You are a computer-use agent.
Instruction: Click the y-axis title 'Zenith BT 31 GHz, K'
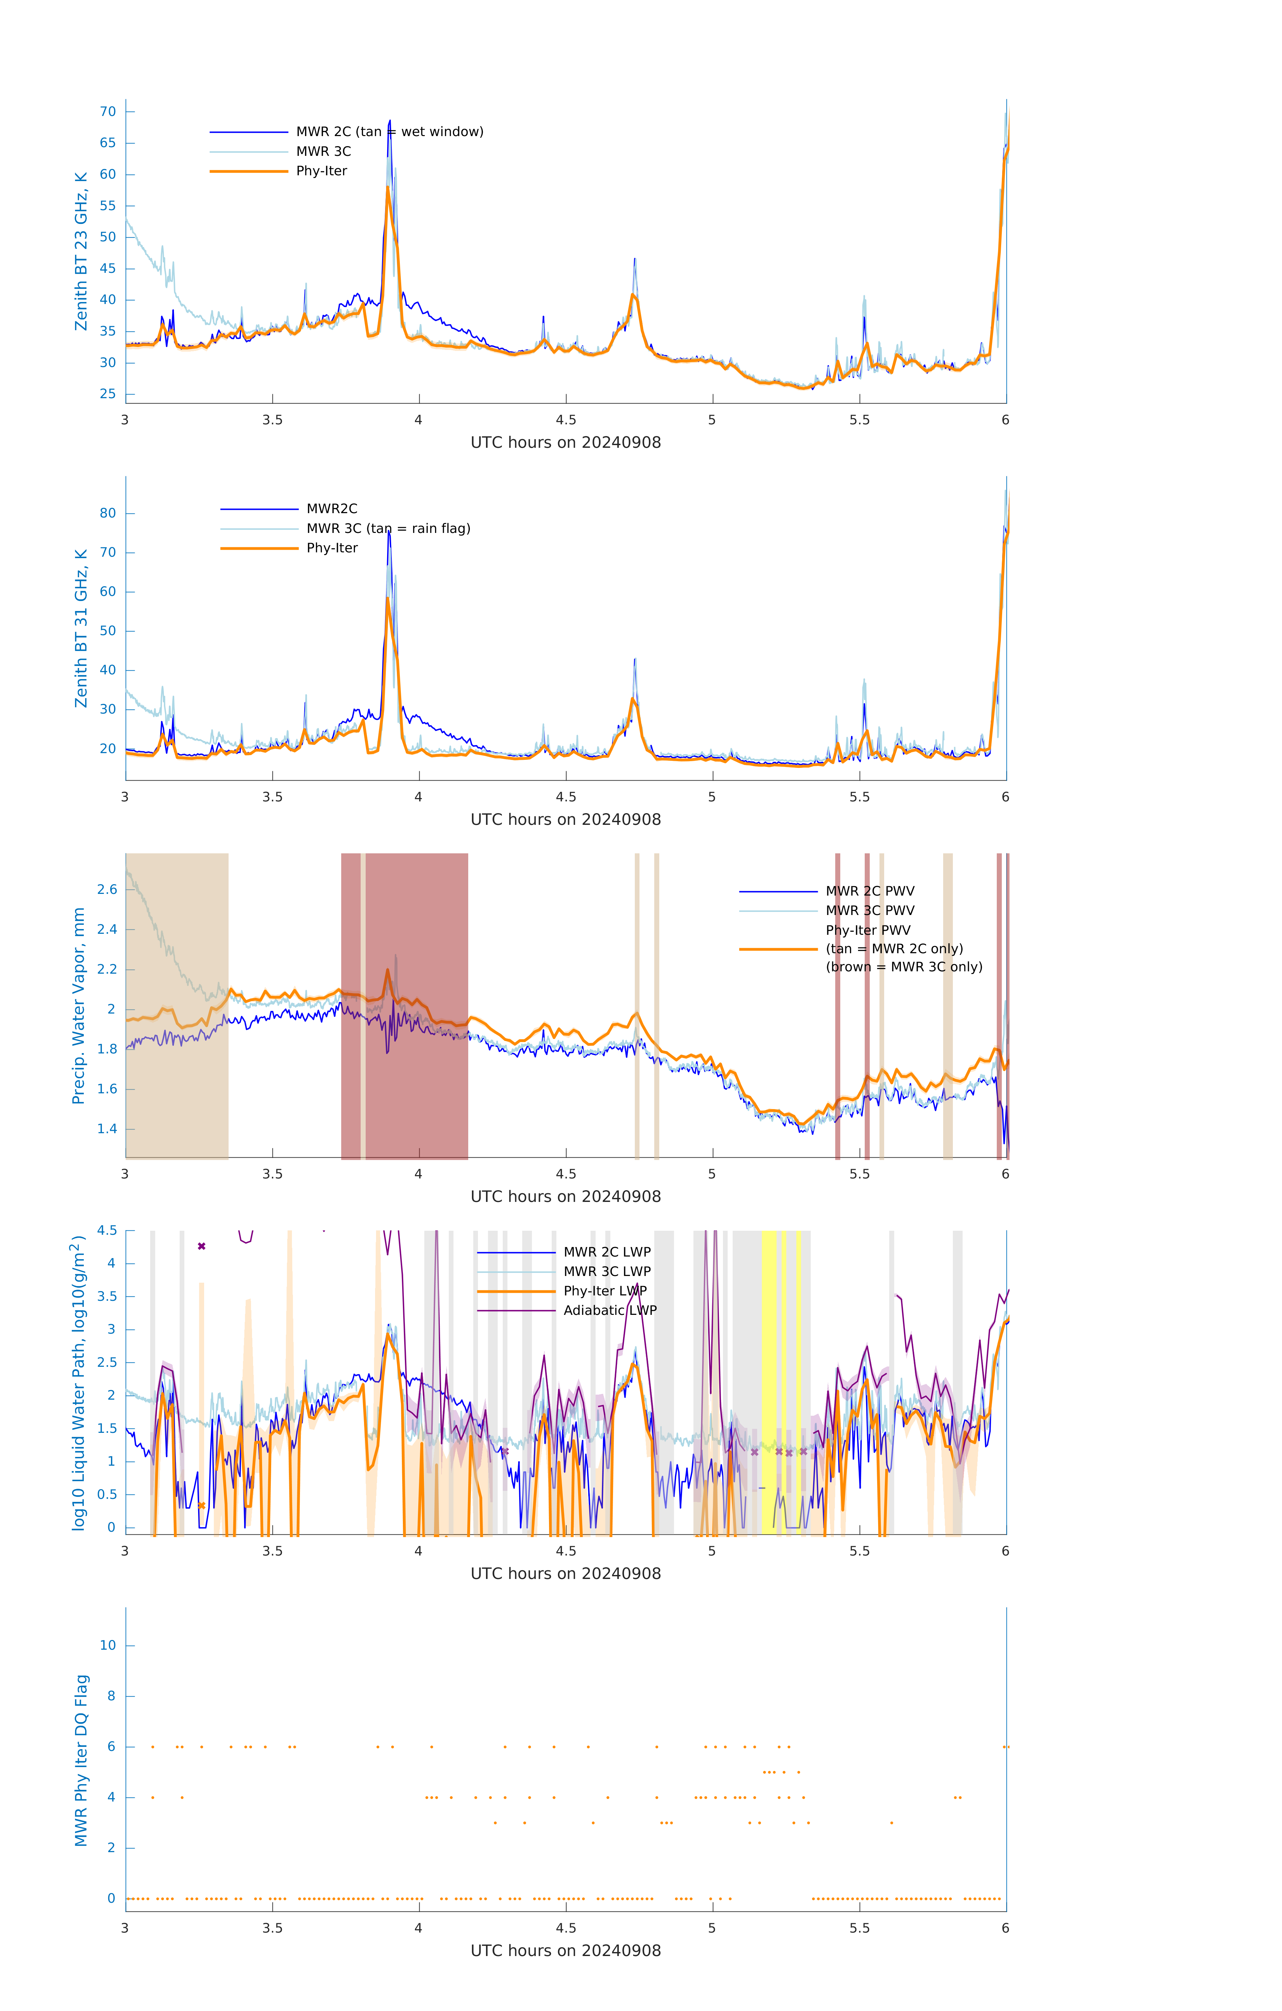click(x=81, y=628)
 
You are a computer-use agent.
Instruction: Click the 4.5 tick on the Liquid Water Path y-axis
click(x=107, y=1230)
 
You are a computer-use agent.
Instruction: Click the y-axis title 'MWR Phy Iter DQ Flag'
click(x=81, y=1760)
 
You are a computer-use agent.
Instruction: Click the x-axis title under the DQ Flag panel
click(x=565, y=1951)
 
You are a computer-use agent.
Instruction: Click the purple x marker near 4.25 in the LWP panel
click(x=201, y=1246)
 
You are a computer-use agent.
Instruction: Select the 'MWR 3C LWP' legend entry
click(x=606, y=1271)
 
